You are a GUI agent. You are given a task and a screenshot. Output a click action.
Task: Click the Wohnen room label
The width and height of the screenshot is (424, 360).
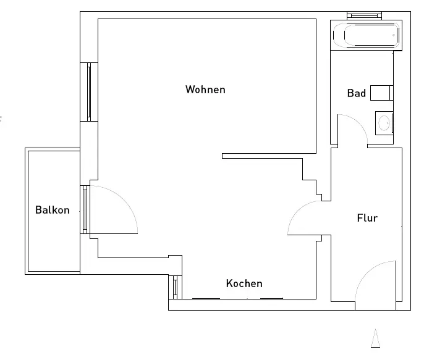click(x=205, y=90)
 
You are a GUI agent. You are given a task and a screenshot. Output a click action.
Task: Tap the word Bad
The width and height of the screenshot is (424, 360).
click(x=356, y=93)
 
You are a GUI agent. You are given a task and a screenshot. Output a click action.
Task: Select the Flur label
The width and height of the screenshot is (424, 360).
click(x=367, y=218)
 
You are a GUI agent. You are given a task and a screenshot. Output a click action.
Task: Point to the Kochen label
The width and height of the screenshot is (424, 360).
click(x=244, y=283)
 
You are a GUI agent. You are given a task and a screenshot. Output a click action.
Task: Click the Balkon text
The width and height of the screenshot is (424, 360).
click(x=53, y=210)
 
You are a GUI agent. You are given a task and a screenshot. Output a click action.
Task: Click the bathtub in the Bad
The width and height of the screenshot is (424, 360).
click(x=367, y=36)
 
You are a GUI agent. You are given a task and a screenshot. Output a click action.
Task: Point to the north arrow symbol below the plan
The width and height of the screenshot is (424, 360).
click(x=375, y=338)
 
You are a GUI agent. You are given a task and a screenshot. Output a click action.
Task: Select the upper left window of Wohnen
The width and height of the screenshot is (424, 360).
click(x=89, y=91)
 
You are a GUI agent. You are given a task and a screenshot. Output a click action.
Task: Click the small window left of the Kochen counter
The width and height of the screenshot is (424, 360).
click(x=176, y=287)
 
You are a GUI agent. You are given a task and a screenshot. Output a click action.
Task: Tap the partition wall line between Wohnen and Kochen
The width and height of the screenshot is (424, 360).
click(x=269, y=156)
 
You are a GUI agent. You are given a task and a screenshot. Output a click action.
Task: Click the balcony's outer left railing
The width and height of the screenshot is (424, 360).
click(x=26, y=210)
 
